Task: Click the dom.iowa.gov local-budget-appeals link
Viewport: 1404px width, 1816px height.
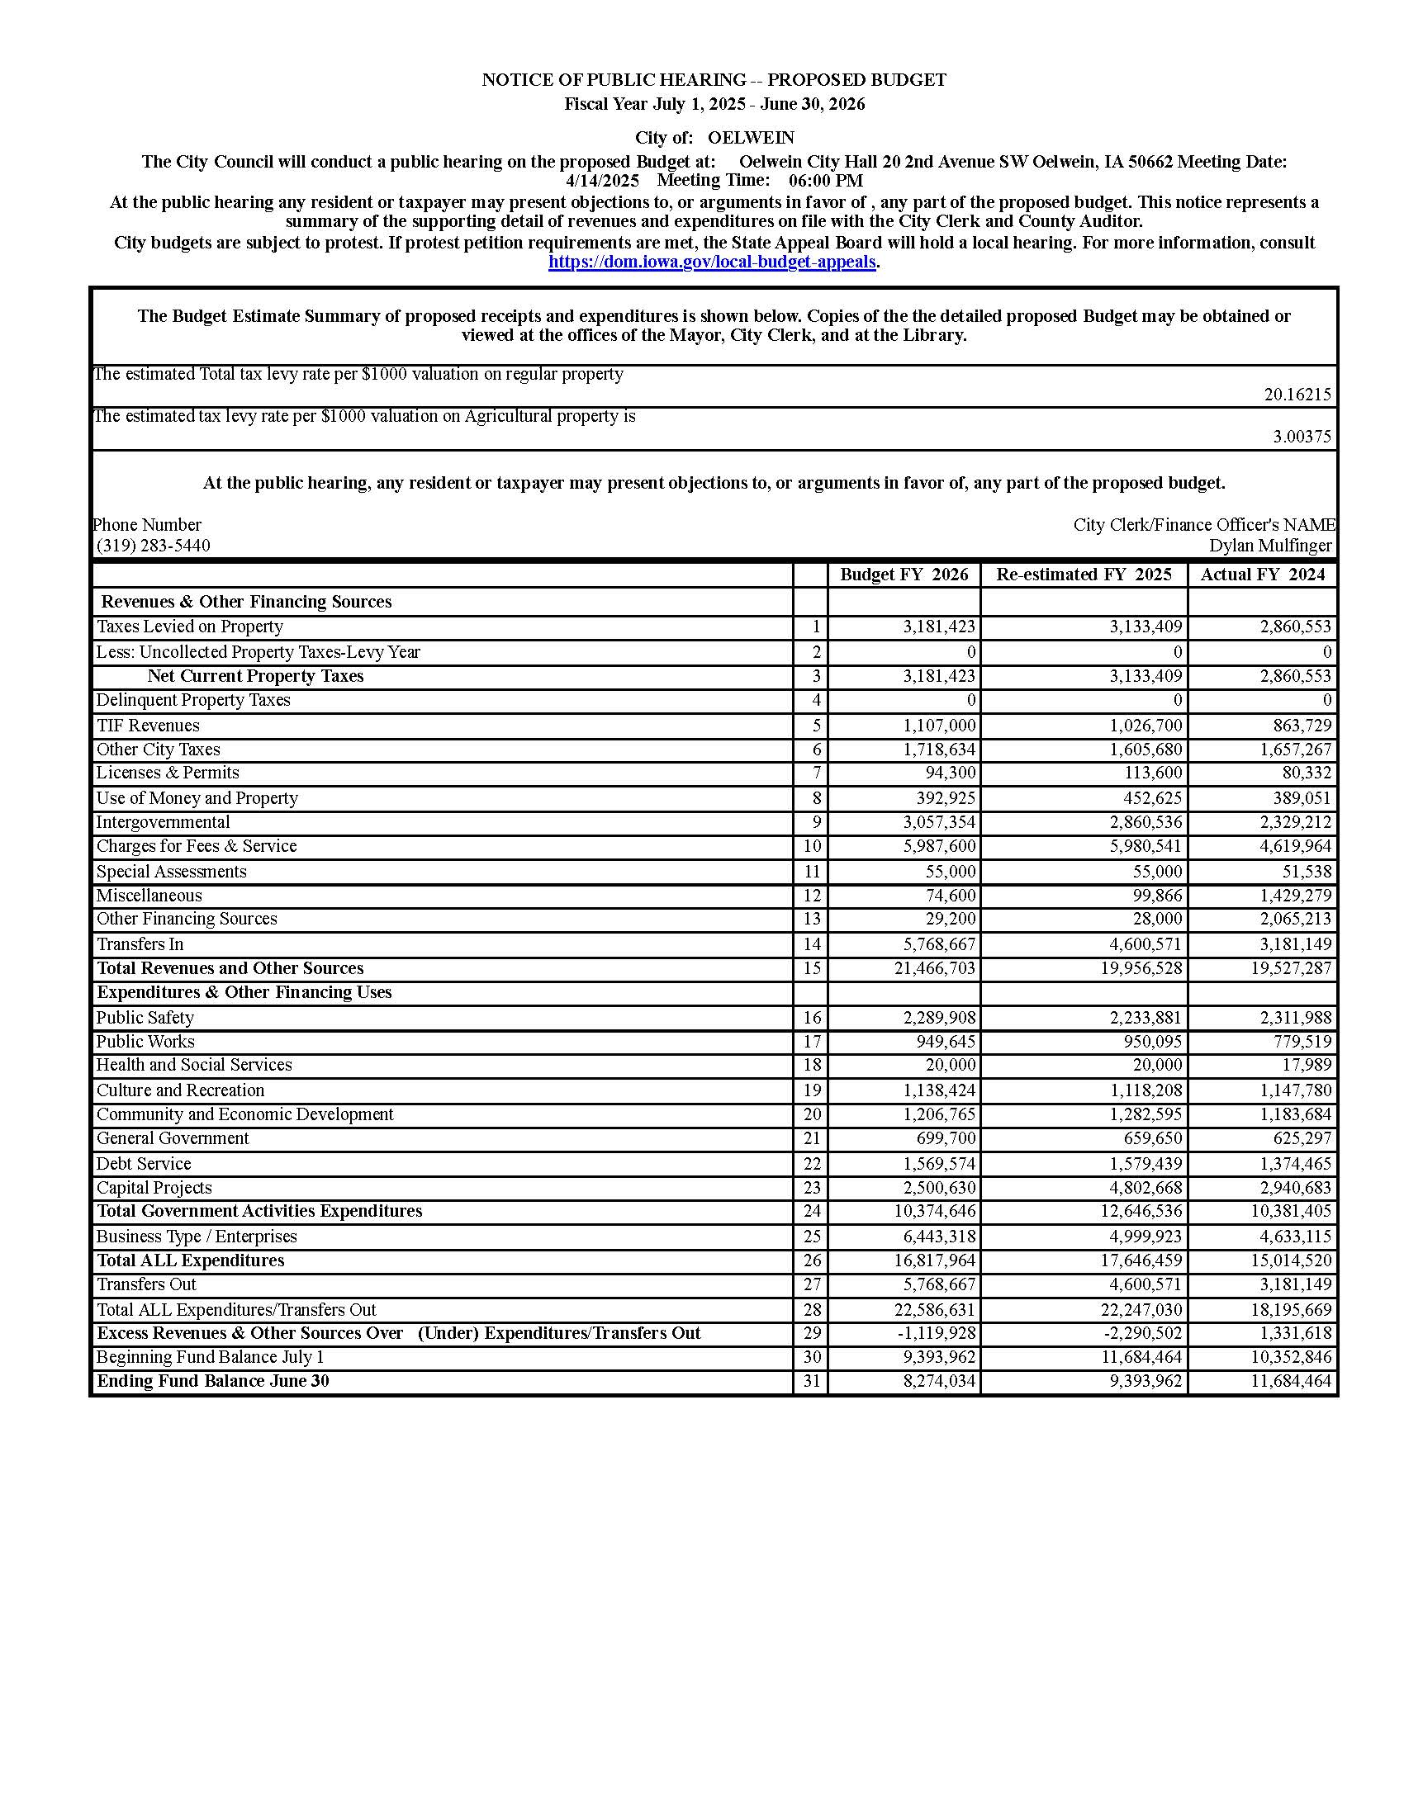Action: click(712, 262)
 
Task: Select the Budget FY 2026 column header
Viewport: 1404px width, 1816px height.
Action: click(904, 575)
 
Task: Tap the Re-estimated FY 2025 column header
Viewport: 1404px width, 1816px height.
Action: click(1083, 575)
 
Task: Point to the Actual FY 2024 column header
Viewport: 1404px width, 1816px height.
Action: click(1262, 575)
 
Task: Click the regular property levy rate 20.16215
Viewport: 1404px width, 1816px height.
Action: click(1297, 395)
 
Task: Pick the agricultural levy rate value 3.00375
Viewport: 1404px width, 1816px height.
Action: click(1302, 437)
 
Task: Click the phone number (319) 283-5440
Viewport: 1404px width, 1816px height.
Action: click(153, 546)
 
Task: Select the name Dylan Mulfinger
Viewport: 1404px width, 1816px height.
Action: click(1270, 546)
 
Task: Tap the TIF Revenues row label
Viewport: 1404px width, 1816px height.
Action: click(148, 726)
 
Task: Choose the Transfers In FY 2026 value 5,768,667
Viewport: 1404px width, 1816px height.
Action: click(939, 944)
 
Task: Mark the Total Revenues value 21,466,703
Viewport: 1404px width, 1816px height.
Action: click(935, 969)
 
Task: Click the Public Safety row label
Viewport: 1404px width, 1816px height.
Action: click(145, 1018)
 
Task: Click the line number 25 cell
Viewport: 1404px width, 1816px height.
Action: click(811, 1237)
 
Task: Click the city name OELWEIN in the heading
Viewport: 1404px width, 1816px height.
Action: click(750, 138)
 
